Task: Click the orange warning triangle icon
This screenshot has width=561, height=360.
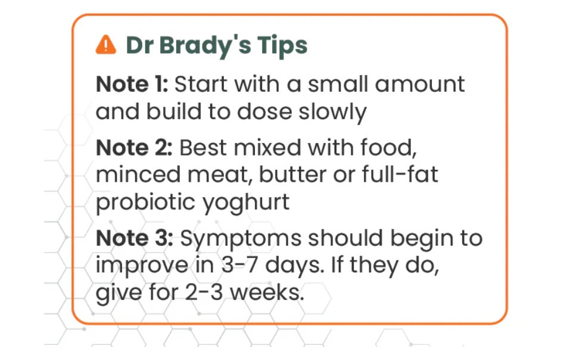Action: (x=105, y=45)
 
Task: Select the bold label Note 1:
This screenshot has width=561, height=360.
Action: (x=132, y=84)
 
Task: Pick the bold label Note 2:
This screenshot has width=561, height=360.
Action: (x=134, y=148)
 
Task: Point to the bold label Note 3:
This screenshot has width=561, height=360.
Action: (x=135, y=238)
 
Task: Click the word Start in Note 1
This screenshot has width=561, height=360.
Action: (x=201, y=84)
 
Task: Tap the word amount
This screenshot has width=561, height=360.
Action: (x=420, y=85)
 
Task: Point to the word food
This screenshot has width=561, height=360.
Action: (x=388, y=148)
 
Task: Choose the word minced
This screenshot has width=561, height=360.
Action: (x=138, y=175)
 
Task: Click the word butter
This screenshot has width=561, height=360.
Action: (x=292, y=175)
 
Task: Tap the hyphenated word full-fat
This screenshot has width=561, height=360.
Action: (x=400, y=175)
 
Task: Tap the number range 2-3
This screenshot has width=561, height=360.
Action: (x=204, y=293)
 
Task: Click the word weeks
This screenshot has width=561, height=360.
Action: (x=267, y=293)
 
